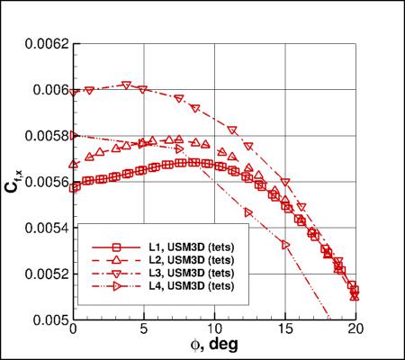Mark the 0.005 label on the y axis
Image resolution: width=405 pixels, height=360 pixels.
(44, 319)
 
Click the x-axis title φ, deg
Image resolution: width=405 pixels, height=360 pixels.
(213, 346)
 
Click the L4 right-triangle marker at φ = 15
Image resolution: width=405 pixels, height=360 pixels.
(285, 244)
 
